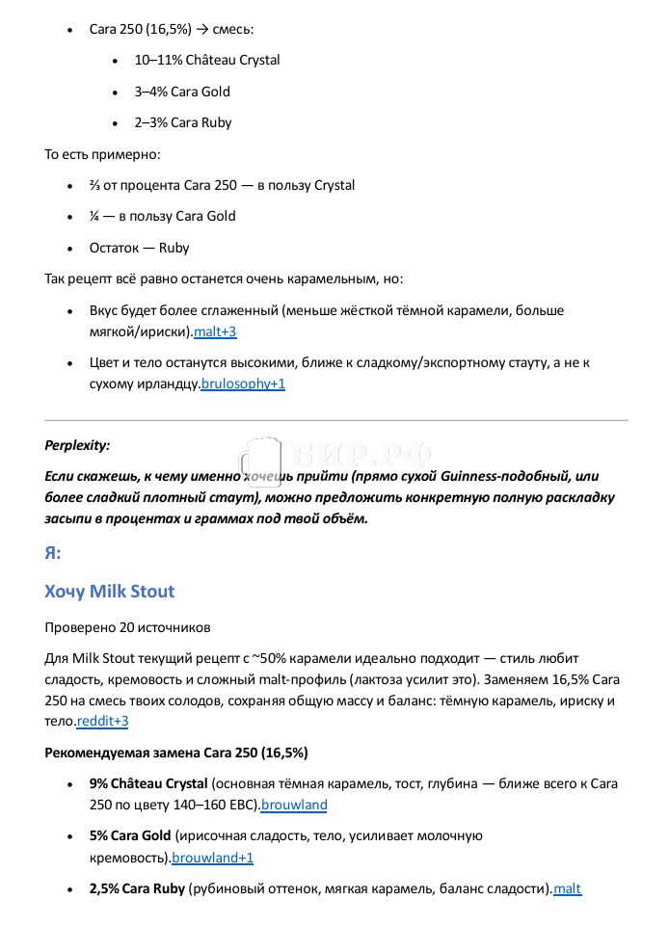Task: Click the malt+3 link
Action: point(215,332)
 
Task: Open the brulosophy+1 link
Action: point(243,384)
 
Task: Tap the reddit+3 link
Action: point(102,721)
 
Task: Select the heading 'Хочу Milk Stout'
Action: point(109,591)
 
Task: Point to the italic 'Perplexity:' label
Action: point(77,445)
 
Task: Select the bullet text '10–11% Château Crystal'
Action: point(207,60)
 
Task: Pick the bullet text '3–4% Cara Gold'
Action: point(182,92)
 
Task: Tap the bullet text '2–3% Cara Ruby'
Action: point(183,122)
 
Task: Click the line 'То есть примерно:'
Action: point(102,154)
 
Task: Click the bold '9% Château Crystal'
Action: point(148,783)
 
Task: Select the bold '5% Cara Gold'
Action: point(130,835)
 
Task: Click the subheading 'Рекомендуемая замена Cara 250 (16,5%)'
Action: point(176,752)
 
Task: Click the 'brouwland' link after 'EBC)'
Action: point(294,805)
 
